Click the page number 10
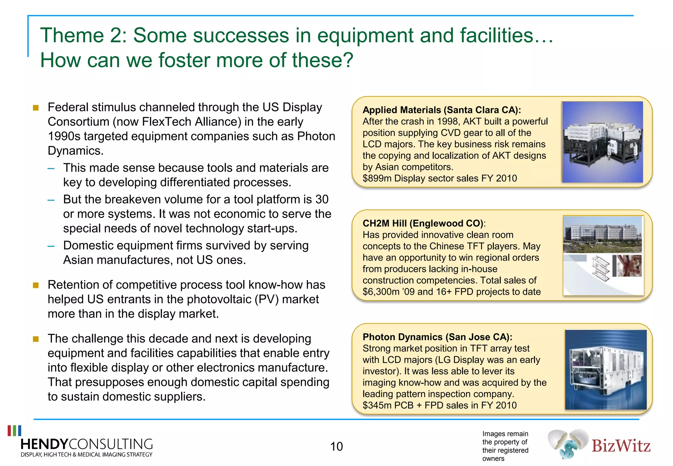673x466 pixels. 336,446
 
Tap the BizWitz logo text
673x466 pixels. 621,446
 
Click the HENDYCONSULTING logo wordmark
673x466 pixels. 86,444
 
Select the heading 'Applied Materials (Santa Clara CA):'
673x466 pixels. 442,110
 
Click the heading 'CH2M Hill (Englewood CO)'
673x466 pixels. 423,223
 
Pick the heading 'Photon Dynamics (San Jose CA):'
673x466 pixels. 437,337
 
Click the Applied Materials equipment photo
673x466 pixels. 602,142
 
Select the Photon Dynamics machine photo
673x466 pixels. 606,370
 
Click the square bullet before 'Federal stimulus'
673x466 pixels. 36,108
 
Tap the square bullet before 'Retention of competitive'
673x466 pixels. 36,285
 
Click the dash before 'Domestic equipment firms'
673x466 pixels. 51,246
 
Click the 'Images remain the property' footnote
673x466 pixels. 505,446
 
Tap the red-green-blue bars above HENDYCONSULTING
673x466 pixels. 14,431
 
